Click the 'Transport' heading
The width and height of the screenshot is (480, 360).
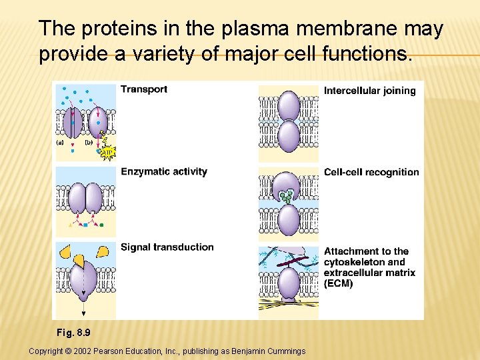[144, 89]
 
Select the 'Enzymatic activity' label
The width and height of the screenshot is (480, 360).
[164, 172]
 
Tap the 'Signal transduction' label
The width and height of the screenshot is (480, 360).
[167, 247]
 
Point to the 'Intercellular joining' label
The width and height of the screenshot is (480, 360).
[369, 91]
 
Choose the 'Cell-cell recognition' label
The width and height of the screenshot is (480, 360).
[371, 172]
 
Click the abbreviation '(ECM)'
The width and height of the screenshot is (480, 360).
[339, 283]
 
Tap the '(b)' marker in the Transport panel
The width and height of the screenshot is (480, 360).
[89, 142]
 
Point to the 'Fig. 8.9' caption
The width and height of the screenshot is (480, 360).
[73, 332]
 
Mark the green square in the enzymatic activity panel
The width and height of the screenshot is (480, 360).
[101, 225]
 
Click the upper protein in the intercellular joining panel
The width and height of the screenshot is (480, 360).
[288, 105]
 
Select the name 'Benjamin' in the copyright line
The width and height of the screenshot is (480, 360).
[248, 351]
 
